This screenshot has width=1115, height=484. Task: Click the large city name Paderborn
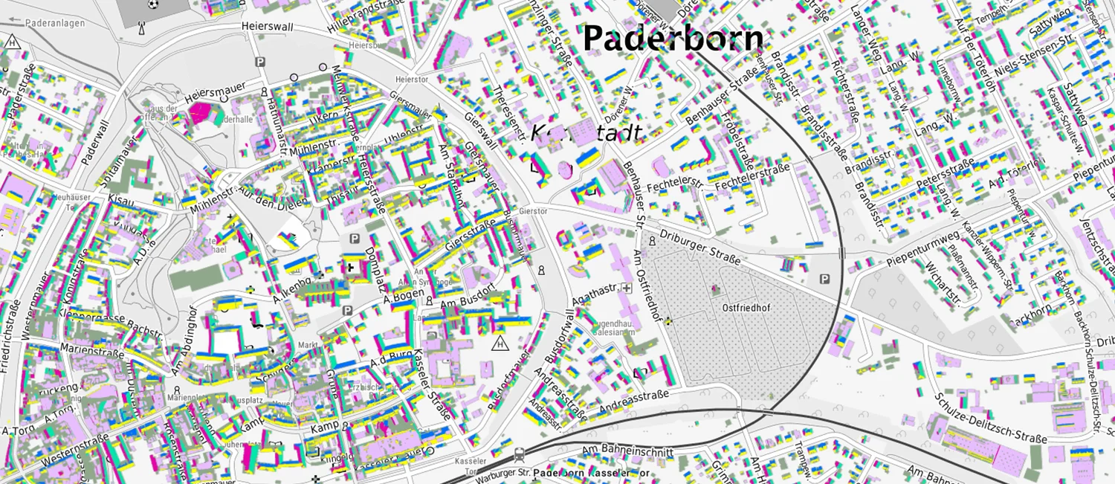(673, 39)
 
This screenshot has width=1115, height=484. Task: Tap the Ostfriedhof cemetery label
(744, 307)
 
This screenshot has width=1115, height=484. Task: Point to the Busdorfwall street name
(560, 337)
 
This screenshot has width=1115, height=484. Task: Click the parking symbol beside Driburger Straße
(824, 279)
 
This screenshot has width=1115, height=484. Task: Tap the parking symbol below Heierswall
(259, 62)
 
